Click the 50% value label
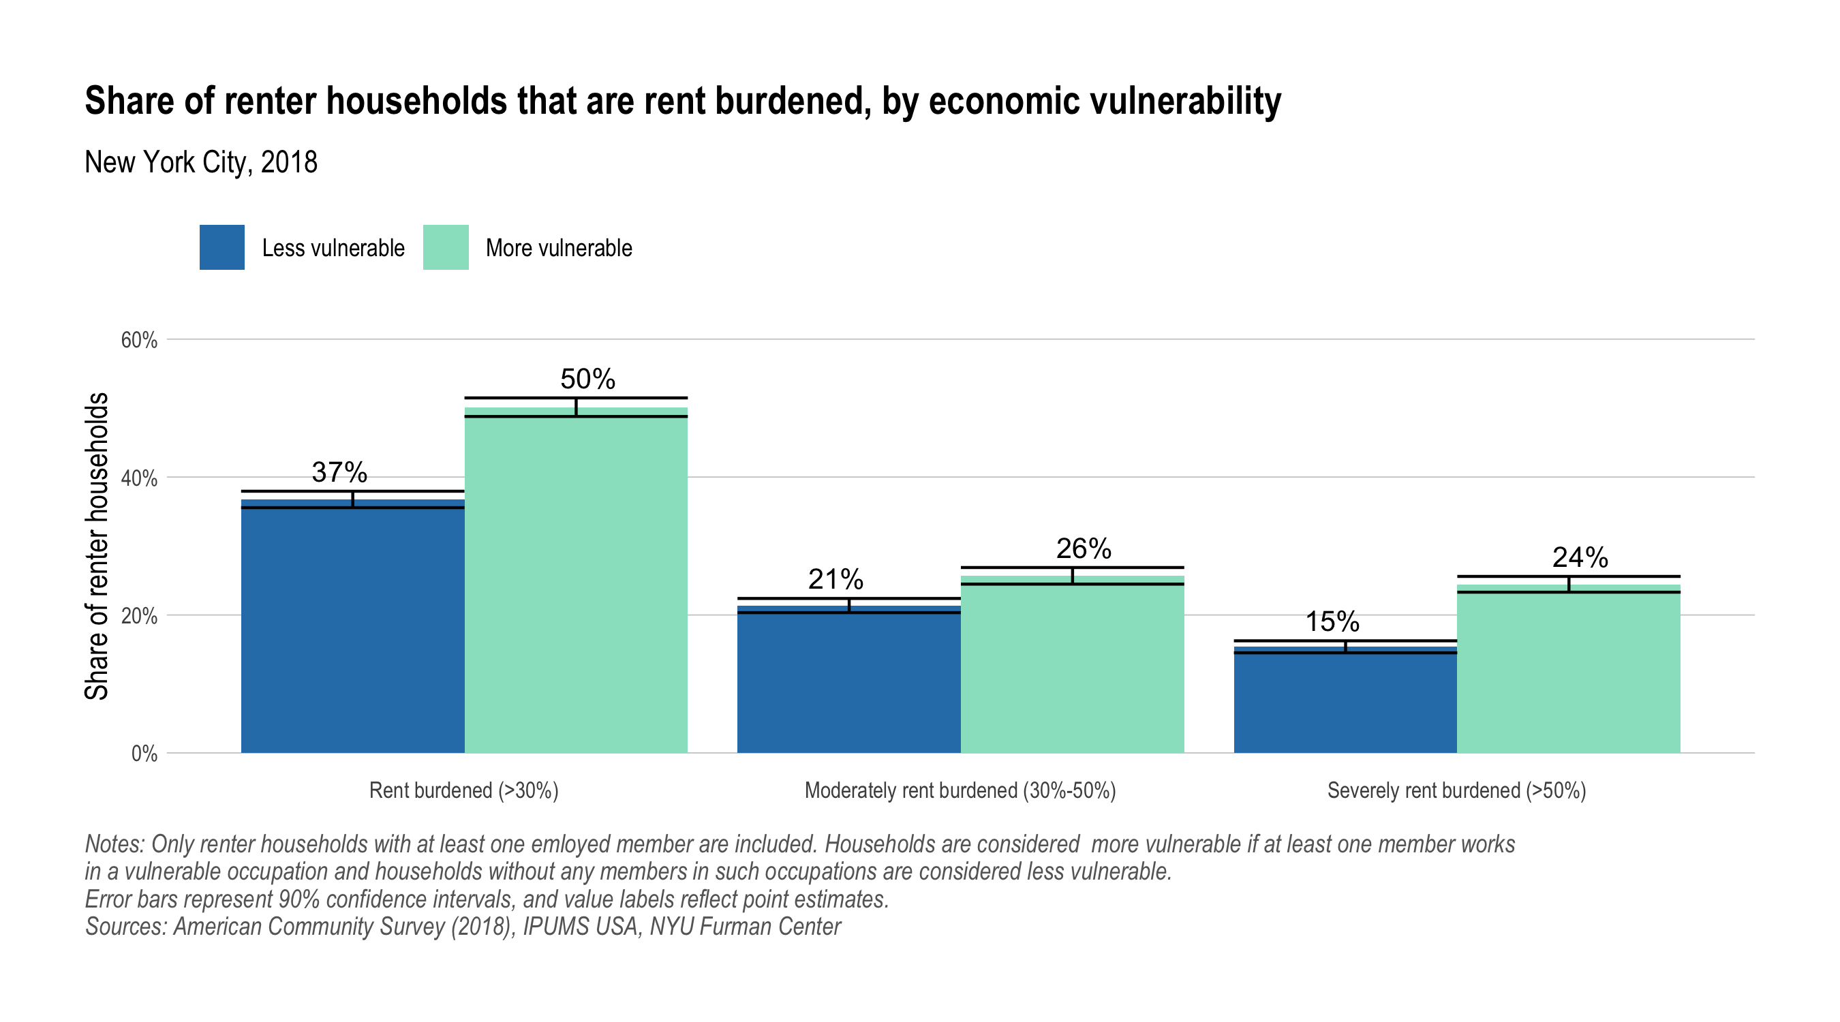[587, 380]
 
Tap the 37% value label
[339, 472]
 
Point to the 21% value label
[835, 579]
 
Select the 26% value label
[1084, 548]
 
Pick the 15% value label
[1332, 621]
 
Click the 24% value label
[1580, 557]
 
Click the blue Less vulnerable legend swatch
[221, 247]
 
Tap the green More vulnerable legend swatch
[446, 247]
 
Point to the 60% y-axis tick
[139, 340]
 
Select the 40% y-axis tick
[139, 478]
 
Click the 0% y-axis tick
[144, 754]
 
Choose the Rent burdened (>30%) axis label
[463, 790]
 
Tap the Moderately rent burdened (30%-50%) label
[960, 790]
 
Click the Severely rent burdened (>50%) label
[1456, 790]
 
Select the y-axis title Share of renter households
[96, 546]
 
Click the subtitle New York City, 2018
[201, 162]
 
